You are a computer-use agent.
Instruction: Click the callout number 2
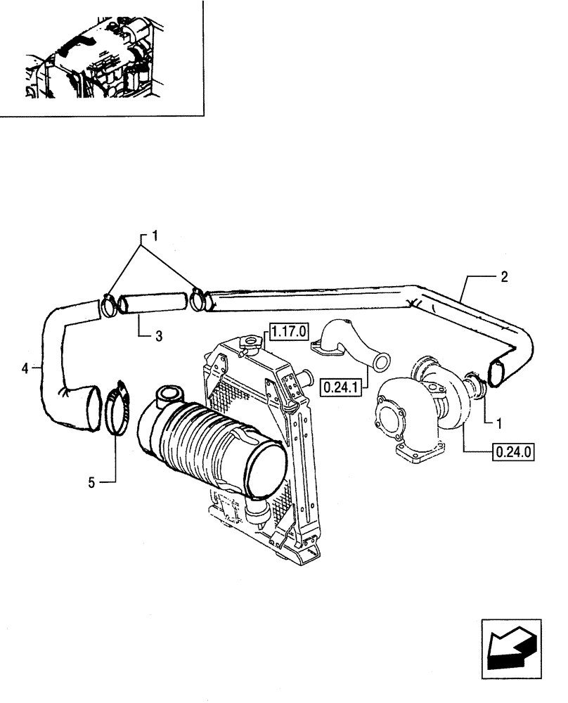tap(504, 276)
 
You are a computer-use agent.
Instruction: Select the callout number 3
tap(159, 337)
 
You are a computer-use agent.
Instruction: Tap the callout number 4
tap(25, 367)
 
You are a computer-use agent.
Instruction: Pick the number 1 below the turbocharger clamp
tap(498, 423)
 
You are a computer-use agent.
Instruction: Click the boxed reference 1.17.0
tap(286, 328)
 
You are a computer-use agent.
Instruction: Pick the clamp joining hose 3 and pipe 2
tap(200, 300)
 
